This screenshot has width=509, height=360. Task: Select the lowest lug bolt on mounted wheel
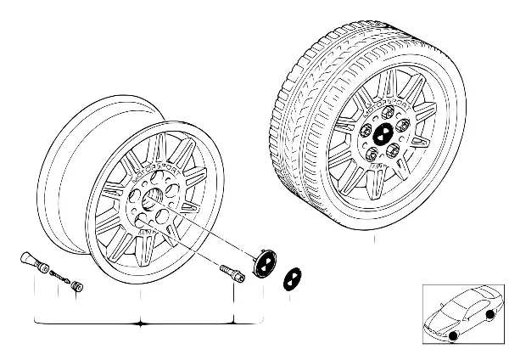tap(379, 156)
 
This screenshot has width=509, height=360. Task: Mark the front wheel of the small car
tap(453, 335)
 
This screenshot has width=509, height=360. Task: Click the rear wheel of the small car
tap(490, 318)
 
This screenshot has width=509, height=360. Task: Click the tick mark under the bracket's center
tap(142, 326)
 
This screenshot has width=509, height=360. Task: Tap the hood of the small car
tap(438, 317)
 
